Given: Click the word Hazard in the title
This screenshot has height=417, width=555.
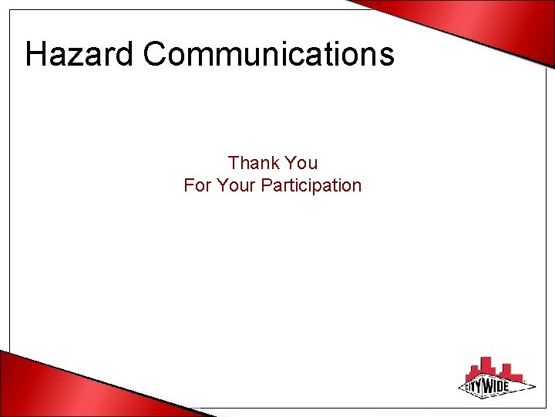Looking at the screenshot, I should (x=79, y=54).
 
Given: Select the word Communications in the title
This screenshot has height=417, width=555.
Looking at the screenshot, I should (x=268, y=54).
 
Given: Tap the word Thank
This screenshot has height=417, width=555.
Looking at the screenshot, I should (x=253, y=163).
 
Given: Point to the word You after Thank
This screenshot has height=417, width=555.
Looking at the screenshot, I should (x=301, y=163).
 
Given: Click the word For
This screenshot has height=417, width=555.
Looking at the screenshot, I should (x=197, y=185).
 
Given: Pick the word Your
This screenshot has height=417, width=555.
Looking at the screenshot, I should (x=236, y=185).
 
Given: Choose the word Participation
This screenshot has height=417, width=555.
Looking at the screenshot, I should (x=311, y=185).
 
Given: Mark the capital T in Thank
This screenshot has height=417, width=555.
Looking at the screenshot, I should (x=234, y=163).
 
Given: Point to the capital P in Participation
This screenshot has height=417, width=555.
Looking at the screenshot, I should (x=267, y=185).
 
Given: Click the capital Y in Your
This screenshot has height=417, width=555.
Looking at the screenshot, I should (x=222, y=185).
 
